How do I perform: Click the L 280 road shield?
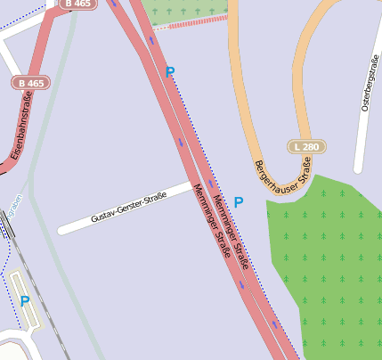point(306,146)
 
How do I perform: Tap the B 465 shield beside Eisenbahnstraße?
point(30,83)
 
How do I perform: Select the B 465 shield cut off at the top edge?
point(78,4)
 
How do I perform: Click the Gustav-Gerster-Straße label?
point(128,207)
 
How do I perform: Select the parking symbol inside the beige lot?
point(24,301)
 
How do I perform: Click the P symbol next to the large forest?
point(238,202)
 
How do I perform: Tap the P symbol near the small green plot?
point(170,72)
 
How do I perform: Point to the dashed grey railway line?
point(40,294)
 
